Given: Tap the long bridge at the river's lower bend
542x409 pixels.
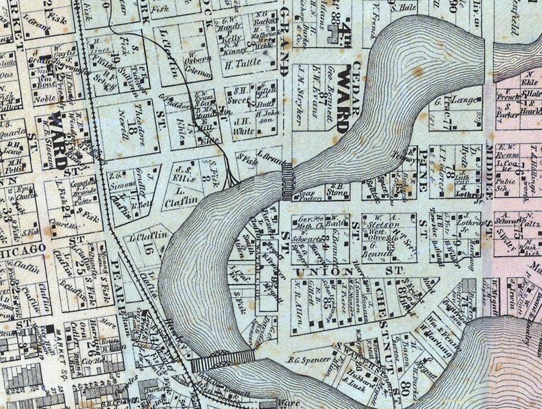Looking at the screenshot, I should click(223, 359).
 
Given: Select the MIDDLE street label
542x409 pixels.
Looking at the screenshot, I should click(489, 184).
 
